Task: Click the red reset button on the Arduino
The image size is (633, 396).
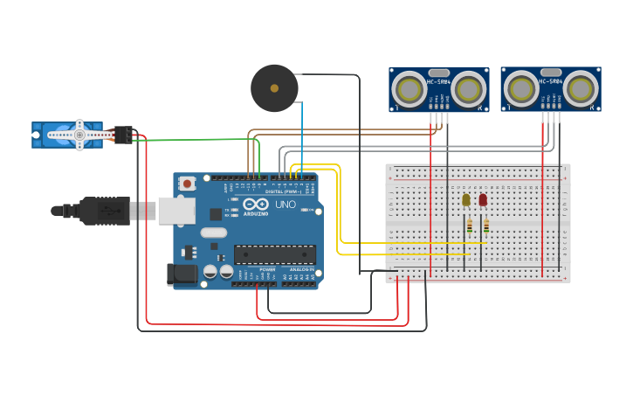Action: (186, 184)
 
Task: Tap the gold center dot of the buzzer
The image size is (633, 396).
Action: (274, 88)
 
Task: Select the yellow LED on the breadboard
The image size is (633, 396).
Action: (466, 200)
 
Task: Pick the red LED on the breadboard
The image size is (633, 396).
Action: (483, 199)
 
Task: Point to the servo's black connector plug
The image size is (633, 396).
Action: (123, 135)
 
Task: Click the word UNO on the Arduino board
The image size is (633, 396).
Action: (286, 205)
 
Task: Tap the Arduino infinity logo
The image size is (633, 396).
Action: (256, 205)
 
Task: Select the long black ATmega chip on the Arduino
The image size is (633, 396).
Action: (274, 254)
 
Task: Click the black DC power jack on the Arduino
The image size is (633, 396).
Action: (182, 274)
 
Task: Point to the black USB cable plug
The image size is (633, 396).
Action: (105, 211)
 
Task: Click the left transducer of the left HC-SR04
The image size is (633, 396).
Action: (408, 88)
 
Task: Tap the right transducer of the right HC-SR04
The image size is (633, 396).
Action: (581, 88)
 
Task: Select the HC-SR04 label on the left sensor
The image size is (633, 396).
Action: (438, 81)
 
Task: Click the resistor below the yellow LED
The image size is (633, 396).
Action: (469, 226)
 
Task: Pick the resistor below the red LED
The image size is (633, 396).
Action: (486, 226)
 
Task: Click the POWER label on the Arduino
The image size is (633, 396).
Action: (267, 270)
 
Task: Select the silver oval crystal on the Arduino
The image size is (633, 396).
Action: (213, 233)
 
